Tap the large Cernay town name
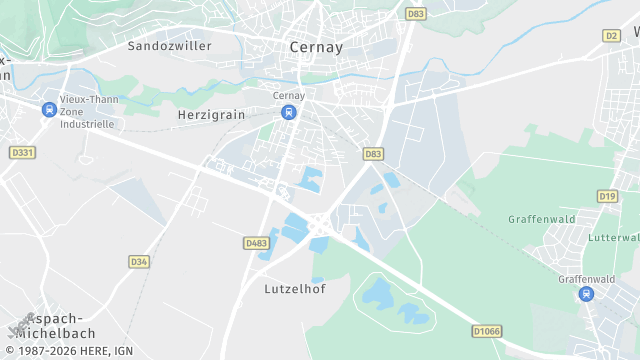(x=315, y=47)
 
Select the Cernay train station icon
(x=289, y=112)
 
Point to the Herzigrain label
(x=211, y=115)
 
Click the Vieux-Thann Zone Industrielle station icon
(x=48, y=110)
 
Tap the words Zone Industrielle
(x=87, y=118)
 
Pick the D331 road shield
(x=22, y=152)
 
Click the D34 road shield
(x=139, y=262)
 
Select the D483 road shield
(x=256, y=243)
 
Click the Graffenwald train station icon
(x=585, y=294)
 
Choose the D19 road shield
(x=607, y=196)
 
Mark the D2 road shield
(x=611, y=35)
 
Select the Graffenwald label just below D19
(x=540, y=219)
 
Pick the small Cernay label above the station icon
(x=289, y=96)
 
